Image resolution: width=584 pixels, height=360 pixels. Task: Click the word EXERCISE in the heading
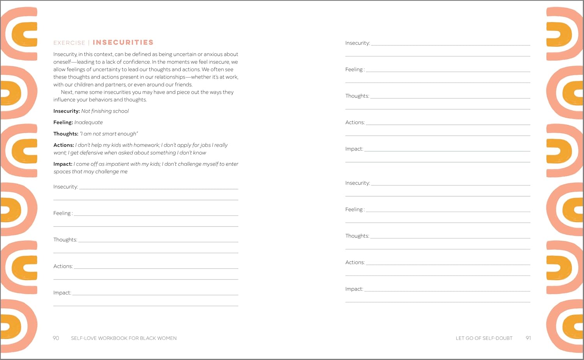(69, 43)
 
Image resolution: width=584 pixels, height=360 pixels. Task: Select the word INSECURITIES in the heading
(123, 42)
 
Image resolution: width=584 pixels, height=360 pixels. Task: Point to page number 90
(56, 338)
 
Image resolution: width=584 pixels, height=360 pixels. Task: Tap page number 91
(528, 338)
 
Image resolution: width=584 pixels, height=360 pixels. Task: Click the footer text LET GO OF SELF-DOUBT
(484, 338)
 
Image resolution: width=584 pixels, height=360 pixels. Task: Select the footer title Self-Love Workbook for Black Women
(124, 338)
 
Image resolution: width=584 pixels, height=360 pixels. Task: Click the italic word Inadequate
(88, 122)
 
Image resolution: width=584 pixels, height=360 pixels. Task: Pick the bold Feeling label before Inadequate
(63, 122)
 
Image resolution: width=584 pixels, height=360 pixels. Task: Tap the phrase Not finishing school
(105, 111)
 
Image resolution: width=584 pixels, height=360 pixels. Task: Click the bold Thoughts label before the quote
(66, 133)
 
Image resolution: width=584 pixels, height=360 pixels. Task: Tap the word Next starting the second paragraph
(67, 92)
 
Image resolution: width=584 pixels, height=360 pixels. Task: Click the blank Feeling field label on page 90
(62, 213)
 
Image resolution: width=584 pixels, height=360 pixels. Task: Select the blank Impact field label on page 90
(62, 293)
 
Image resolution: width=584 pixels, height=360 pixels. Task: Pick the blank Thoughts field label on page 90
(65, 240)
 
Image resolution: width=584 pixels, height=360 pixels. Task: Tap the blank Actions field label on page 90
(63, 266)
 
